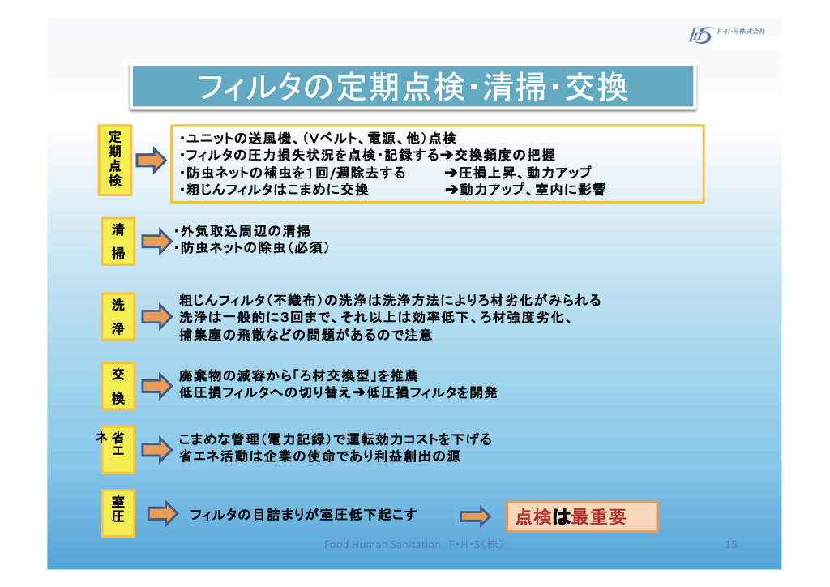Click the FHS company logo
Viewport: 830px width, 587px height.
pyautogui.click(x=700, y=35)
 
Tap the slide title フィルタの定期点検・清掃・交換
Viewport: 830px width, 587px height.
pyautogui.click(x=413, y=88)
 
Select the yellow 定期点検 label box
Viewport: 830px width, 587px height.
pyautogui.click(x=115, y=160)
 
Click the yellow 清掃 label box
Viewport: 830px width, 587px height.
pyautogui.click(x=118, y=242)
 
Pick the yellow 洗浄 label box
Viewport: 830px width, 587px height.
pyautogui.click(x=118, y=316)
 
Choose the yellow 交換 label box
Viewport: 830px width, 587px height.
pyautogui.click(x=118, y=386)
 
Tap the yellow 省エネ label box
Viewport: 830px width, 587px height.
pyautogui.click(x=118, y=449)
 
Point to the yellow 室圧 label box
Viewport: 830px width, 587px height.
pyautogui.click(x=118, y=513)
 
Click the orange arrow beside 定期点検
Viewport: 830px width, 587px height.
pyautogui.click(x=152, y=160)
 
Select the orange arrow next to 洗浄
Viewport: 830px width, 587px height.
pyautogui.click(x=157, y=316)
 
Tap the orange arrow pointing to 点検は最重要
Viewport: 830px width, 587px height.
pyautogui.click(x=475, y=516)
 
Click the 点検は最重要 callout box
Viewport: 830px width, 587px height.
pyautogui.click(x=582, y=516)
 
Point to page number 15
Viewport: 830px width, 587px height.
pyautogui.click(x=731, y=544)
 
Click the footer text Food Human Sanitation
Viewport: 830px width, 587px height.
pyautogui.click(x=383, y=544)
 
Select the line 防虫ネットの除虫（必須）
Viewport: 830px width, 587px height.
pyautogui.click(x=252, y=248)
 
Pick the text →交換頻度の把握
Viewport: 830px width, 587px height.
pyautogui.click(x=498, y=155)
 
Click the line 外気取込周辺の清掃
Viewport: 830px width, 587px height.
pyautogui.click(x=242, y=231)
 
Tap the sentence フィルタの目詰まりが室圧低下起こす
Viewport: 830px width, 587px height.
pyautogui.click(x=303, y=515)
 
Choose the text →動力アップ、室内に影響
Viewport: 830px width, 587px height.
pyautogui.click(x=525, y=190)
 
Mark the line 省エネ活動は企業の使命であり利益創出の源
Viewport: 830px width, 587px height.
pyautogui.click(x=319, y=456)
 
